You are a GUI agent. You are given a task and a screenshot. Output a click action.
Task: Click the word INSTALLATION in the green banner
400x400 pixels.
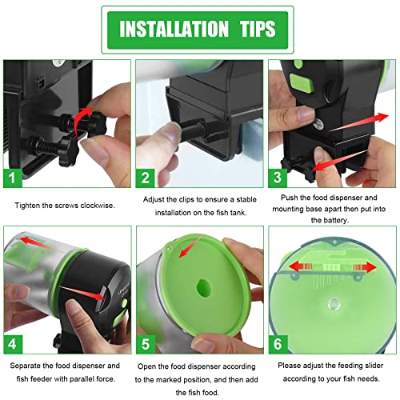174,29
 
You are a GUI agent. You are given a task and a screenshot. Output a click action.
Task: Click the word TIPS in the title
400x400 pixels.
258,29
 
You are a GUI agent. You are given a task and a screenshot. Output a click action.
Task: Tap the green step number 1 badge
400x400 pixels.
13,178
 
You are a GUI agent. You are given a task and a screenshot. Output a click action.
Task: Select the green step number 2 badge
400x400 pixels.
145,178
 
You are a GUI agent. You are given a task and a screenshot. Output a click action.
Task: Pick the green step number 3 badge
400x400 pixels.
278,178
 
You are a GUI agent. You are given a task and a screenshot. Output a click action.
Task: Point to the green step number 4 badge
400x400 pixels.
13,344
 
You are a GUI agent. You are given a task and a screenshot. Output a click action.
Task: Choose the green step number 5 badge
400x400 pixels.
146,344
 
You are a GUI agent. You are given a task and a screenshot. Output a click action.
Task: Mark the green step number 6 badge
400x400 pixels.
278,344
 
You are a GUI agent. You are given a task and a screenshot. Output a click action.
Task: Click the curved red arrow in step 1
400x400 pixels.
79,118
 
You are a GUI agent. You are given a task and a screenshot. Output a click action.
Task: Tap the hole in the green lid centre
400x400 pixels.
204,288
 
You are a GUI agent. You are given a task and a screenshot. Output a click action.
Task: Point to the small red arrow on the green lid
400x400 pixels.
189,247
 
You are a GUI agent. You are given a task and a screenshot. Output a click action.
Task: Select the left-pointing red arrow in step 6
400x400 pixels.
301,266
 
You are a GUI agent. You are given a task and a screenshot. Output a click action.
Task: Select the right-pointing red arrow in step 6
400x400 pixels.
365,267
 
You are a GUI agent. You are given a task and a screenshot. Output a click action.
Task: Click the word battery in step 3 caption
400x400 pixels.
336,220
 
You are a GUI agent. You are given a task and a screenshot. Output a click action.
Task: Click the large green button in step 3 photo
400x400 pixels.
302,83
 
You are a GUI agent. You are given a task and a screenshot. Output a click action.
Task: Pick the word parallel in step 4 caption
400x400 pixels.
76,379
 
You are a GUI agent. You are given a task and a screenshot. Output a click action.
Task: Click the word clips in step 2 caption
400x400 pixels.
186,199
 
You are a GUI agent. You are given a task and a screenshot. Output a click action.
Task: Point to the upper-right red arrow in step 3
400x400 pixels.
359,122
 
